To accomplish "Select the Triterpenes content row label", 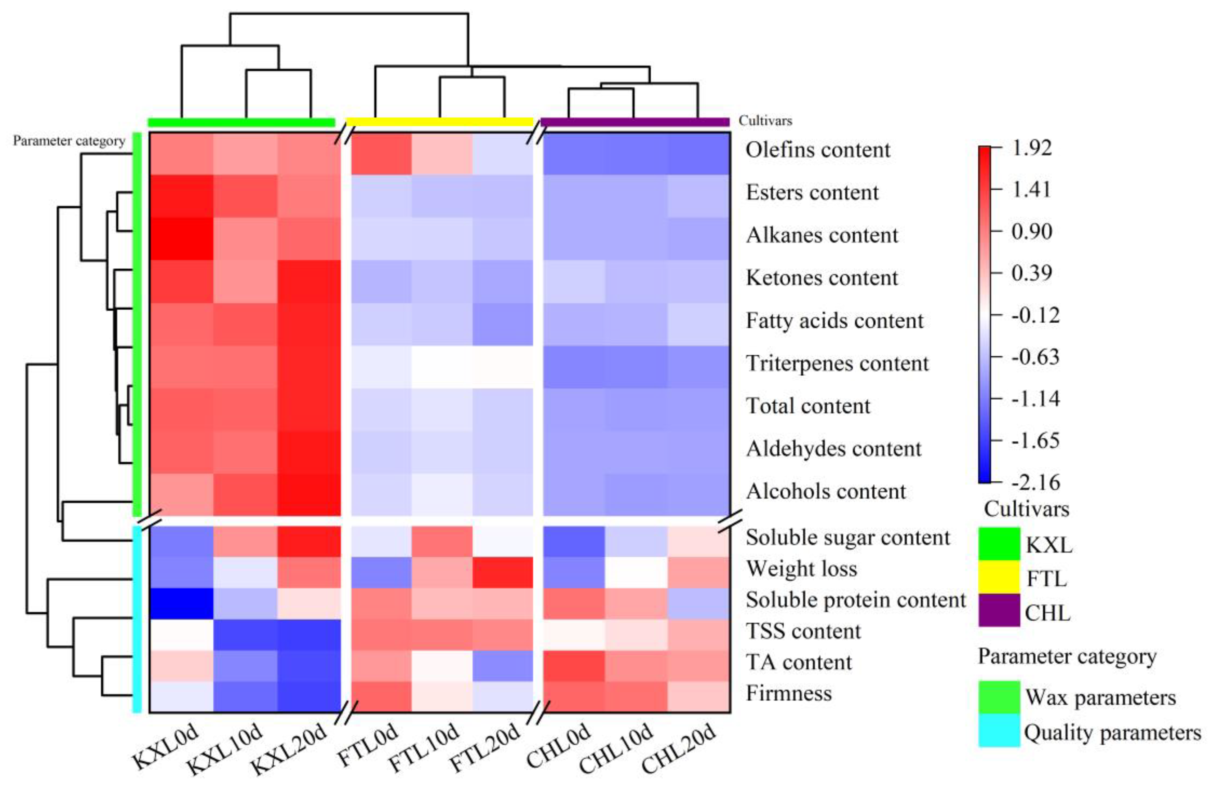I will click(x=837, y=363).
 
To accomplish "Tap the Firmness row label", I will click(x=789, y=693).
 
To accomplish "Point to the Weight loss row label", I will click(x=801, y=569).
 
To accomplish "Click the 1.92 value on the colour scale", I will click(x=1031, y=148).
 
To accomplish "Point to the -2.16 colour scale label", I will click(x=1035, y=482).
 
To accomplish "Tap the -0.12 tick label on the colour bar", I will click(x=1035, y=315).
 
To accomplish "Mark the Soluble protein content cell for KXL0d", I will click(x=181, y=604).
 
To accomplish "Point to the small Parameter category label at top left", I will click(x=69, y=141).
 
